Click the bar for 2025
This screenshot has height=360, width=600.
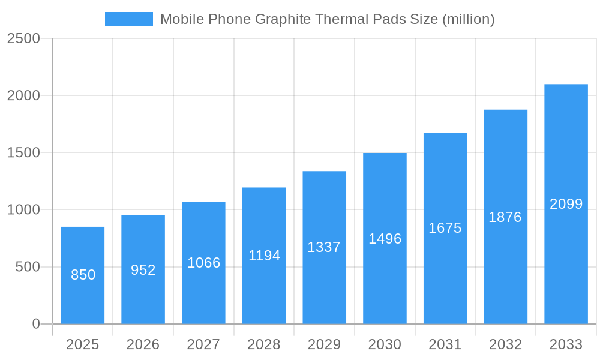click(x=83, y=275)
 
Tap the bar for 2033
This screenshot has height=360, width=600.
click(x=566, y=204)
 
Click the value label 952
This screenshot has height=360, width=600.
click(x=143, y=270)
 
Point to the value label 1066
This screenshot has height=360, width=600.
click(x=204, y=263)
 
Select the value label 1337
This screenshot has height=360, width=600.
click(x=324, y=247)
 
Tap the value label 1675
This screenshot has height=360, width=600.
click(x=445, y=228)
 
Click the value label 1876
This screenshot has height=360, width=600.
click(x=505, y=217)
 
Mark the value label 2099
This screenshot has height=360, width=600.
click(x=566, y=204)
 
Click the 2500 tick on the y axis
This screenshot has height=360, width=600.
click(x=23, y=38)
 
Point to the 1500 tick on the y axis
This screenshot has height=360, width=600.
click(x=23, y=153)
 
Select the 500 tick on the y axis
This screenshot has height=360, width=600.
click(x=28, y=267)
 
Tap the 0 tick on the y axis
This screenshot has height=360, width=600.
click(x=35, y=324)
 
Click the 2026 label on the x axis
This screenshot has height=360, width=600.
click(x=143, y=344)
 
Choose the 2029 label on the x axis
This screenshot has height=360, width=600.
click(x=324, y=344)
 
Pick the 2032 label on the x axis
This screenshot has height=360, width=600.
click(x=505, y=344)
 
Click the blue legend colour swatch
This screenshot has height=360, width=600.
click(x=129, y=19)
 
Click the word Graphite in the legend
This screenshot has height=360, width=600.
click(x=283, y=19)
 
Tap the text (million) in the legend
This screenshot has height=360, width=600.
click(x=468, y=19)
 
